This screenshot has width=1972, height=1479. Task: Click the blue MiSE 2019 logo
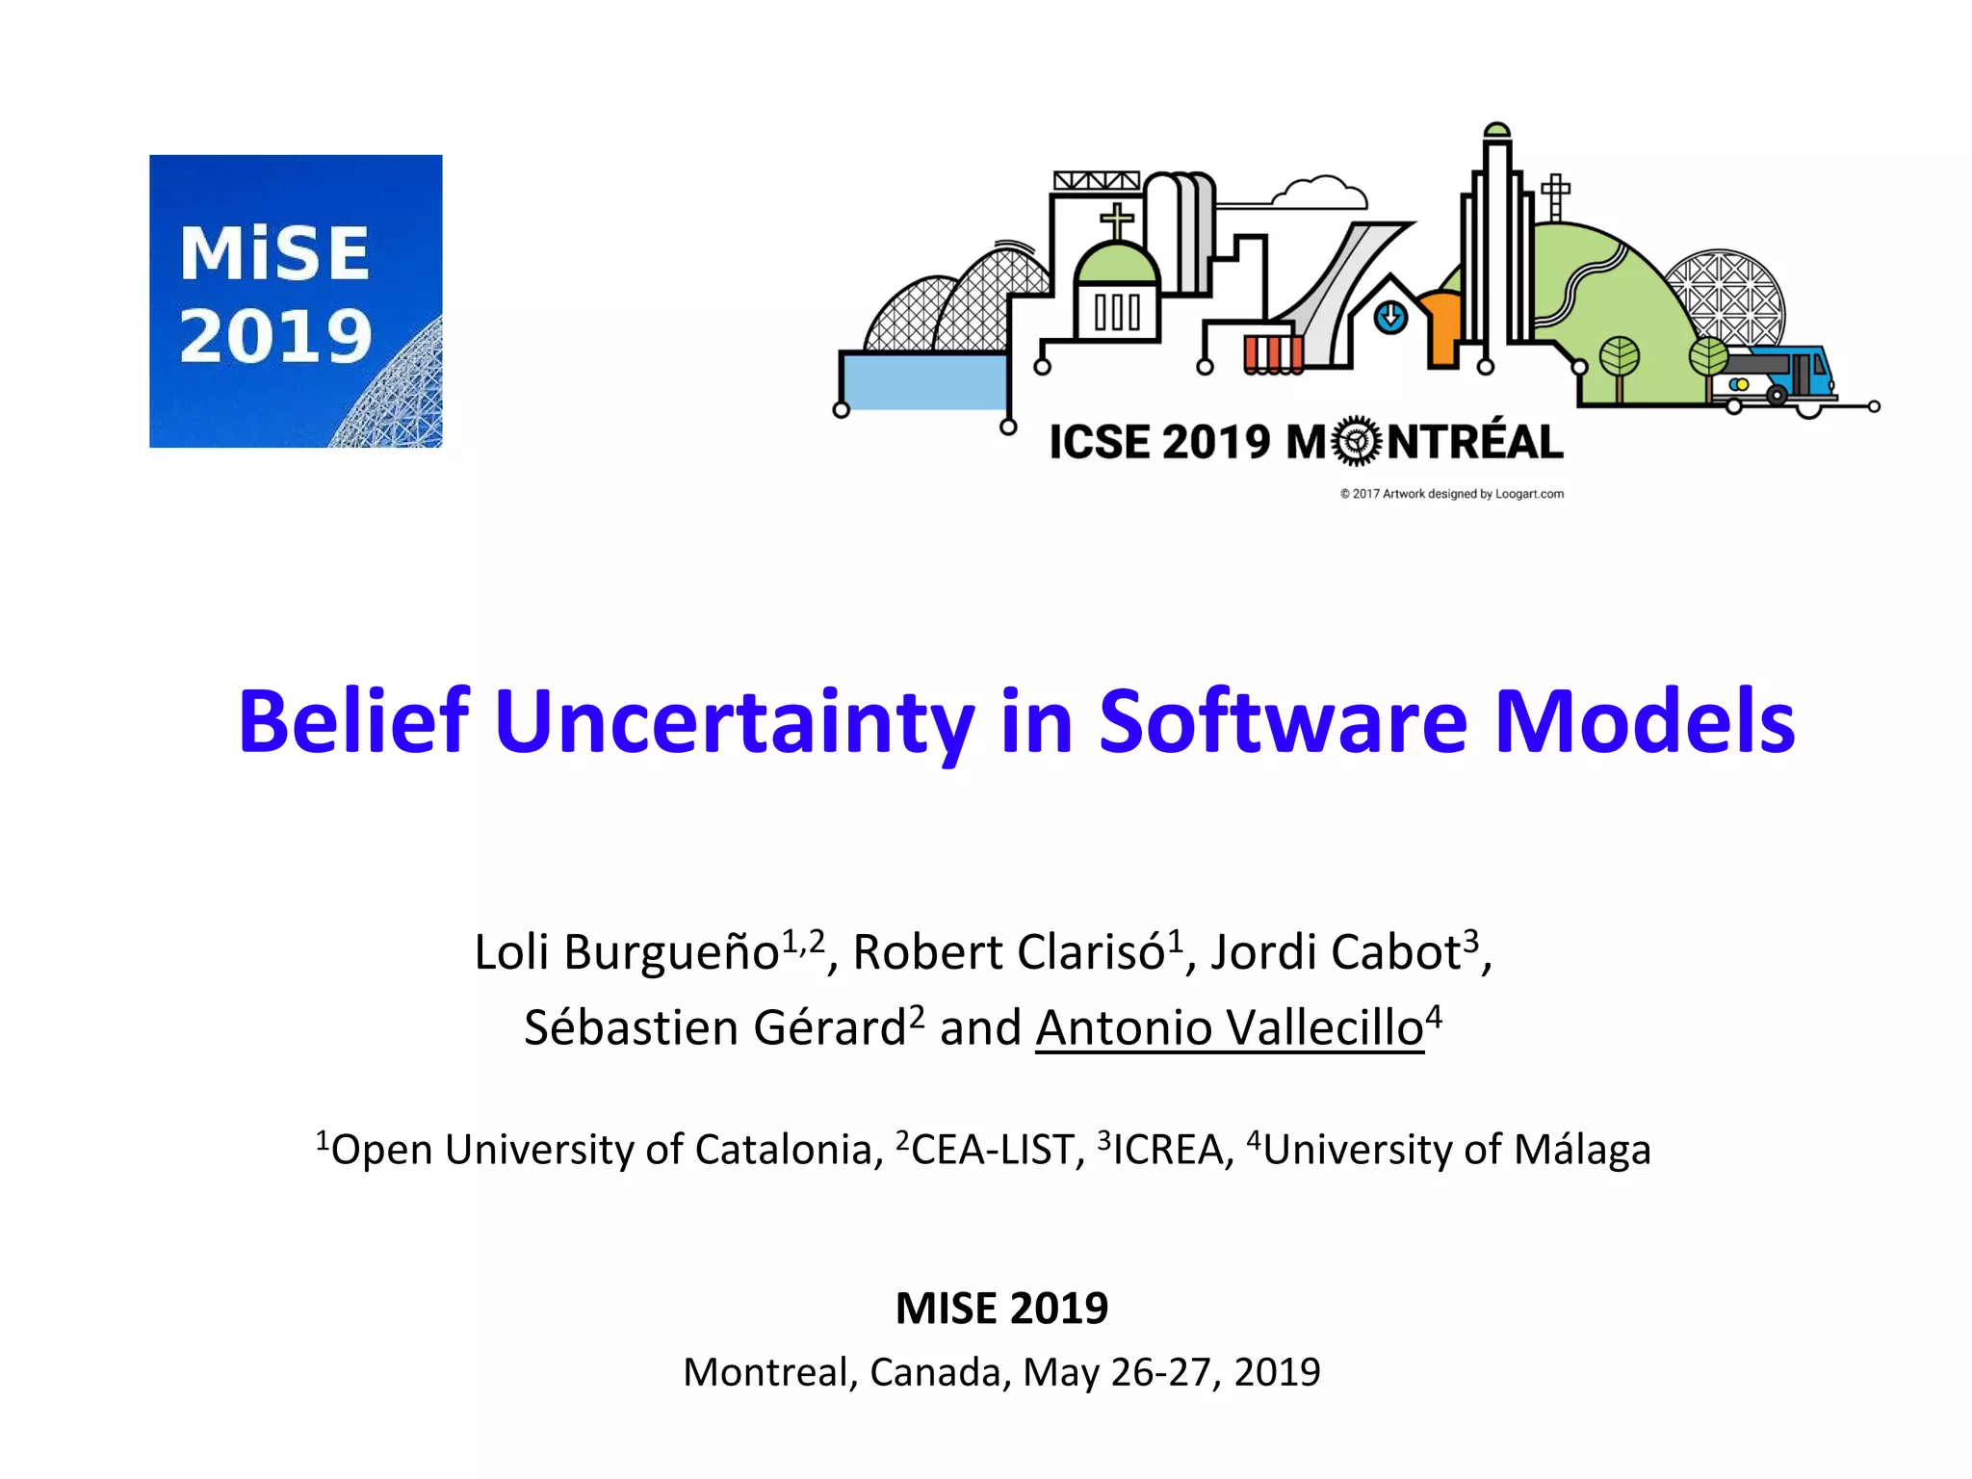click(x=296, y=300)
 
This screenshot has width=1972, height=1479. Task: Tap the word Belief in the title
click(x=353, y=721)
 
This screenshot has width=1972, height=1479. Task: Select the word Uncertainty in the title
click(x=734, y=721)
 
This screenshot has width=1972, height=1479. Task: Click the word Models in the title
click(x=1644, y=721)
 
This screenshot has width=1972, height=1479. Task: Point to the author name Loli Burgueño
click(x=626, y=952)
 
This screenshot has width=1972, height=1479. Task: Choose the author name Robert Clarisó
click(x=1009, y=952)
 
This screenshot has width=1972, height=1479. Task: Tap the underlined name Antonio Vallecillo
click(x=1230, y=1027)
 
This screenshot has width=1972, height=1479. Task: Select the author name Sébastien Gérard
click(x=714, y=1027)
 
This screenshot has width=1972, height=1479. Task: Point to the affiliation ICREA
click(x=1167, y=1150)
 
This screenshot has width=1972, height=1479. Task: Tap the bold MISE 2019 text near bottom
click(x=1001, y=1308)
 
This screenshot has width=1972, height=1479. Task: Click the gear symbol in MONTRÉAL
click(x=1357, y=442)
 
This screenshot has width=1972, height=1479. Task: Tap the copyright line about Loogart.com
click(x=1451, y=494)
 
